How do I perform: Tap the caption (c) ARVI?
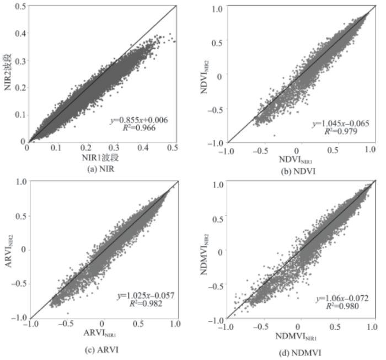tap(101, 350)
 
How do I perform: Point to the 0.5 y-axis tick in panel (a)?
tap(18, 6)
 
